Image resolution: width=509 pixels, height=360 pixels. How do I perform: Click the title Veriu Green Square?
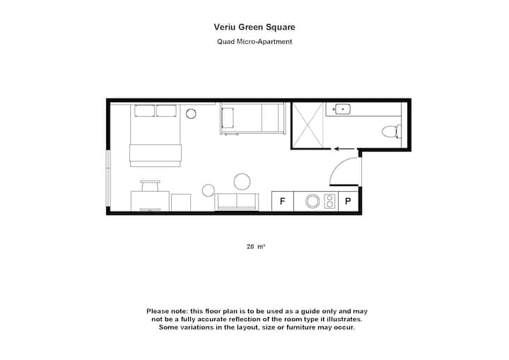[255, 27]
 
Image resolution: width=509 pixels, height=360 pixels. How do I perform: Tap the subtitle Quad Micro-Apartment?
[255, 42]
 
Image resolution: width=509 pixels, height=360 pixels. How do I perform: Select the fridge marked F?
[282, 202]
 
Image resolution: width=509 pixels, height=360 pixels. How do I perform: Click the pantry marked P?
[348, 202]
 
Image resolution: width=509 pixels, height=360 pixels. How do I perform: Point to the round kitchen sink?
[312, 202]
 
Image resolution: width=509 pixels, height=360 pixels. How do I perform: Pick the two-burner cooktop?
[329, 202]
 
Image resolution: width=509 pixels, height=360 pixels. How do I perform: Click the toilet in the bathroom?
[392, 132]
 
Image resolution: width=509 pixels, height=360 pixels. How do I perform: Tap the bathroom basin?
[343, 109]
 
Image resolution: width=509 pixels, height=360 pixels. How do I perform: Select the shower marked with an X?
[308, 125]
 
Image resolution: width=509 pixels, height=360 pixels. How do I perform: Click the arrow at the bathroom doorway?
[344, 149]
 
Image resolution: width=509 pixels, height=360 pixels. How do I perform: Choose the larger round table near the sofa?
[242, 182]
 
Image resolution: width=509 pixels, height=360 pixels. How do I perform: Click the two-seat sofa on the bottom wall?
[237, 202]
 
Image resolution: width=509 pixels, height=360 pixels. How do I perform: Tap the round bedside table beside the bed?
[191, 114]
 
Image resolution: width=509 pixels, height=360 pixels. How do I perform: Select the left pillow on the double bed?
[145, 111]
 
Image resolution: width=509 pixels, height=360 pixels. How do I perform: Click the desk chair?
[150, 186]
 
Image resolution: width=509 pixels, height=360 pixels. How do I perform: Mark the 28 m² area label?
[256, 247]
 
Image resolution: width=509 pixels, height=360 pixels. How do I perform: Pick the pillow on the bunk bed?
[228, 117]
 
